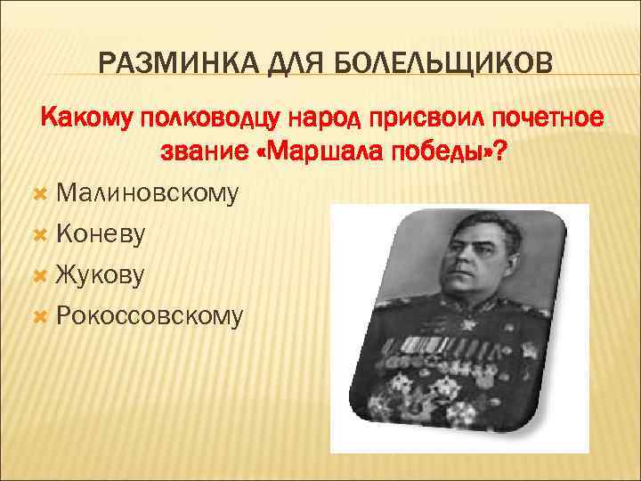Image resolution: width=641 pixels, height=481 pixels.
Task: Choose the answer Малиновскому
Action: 147,192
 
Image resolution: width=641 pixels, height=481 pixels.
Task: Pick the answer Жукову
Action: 99,274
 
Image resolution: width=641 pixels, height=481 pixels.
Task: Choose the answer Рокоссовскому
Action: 150,315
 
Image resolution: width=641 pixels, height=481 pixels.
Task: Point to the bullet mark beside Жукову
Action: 38,275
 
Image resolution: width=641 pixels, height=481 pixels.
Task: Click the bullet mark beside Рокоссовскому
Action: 38,316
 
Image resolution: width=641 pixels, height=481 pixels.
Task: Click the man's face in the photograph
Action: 463,258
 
